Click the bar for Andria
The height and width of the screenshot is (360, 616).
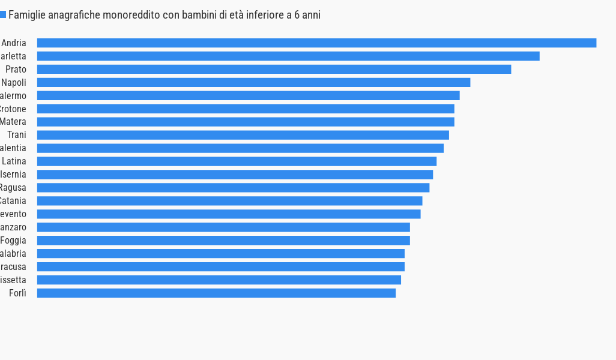pos(316,43)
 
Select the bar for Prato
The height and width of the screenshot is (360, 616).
pos(274,69)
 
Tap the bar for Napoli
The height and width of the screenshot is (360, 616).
pos(253,82)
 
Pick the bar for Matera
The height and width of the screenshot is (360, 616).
pos(246,122)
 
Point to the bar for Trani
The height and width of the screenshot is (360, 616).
pos(243,135)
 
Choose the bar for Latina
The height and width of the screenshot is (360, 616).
pos(237,161)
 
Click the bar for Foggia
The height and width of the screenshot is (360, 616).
pos(223,241)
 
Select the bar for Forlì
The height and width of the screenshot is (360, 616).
pos(216,293)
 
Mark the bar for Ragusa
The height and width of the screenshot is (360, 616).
pos(233,188)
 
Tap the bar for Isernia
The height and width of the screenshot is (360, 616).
pos(235,175)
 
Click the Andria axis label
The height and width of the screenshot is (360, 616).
pos(14,43)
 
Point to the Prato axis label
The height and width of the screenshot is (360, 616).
pos(16,70)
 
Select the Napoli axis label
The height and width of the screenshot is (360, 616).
pos(14,83)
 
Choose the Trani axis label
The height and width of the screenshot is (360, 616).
pos(17,136)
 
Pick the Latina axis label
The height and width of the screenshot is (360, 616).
pos(14,162)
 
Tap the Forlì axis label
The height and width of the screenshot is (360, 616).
pos(18,293)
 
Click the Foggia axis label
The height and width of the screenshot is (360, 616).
pos(13,241)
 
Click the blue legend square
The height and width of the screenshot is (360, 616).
pos(3,14)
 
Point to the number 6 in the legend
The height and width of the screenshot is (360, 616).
pos(297,15)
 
